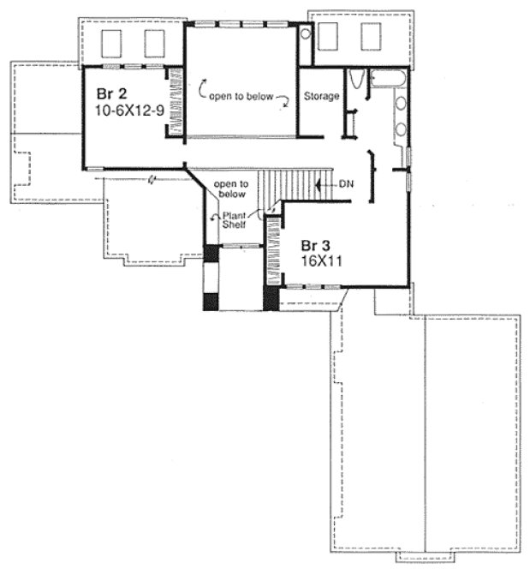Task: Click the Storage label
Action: click(x=321, y=97)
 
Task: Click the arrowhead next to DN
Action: click(x=320, y=183)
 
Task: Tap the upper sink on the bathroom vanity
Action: click(x=400, y=107)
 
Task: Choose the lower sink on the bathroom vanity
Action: click(x=400, y=130)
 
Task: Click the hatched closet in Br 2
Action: click(x=176, y=101)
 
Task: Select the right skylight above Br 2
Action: click(x=155, y=42)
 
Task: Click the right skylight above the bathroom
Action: click(x=371, y=37)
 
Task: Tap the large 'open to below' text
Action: click(x=242, y=96)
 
